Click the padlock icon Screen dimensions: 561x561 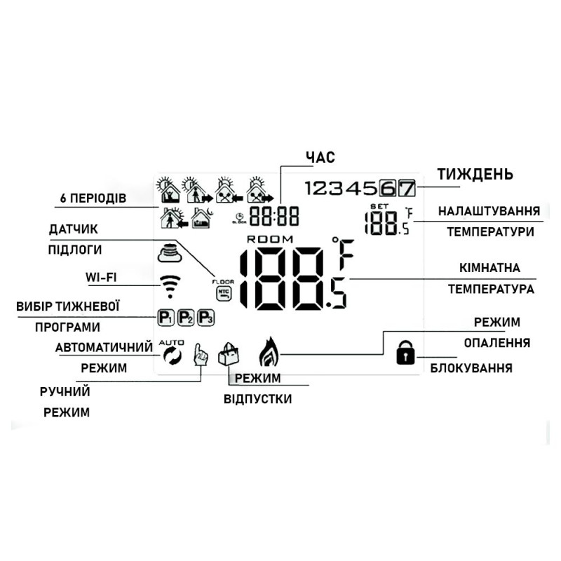click(x=404, y=353)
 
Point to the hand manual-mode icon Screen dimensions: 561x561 click(x=201, y=354)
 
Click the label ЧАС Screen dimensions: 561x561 click(x=320, y=156)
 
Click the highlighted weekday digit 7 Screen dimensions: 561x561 click(x=407, y=188)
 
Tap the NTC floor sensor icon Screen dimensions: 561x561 click(x=224, y=290)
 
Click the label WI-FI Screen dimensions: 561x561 click(x=101, y=278)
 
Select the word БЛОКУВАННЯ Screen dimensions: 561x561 click(x=471, y=367)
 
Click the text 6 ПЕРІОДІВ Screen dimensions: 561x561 click(x=93, y=198)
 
